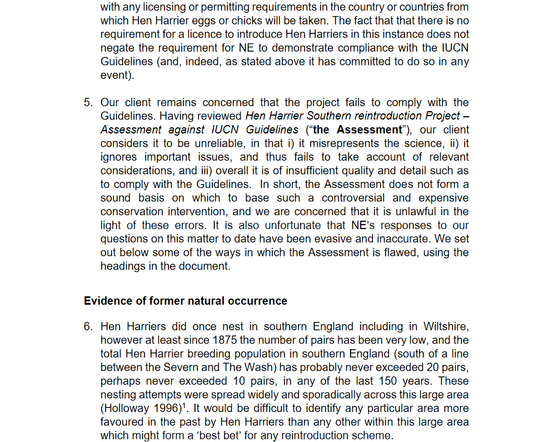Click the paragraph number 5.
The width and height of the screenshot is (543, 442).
87,102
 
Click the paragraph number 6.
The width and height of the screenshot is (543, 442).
87,326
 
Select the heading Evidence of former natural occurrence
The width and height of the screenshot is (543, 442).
186,301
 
